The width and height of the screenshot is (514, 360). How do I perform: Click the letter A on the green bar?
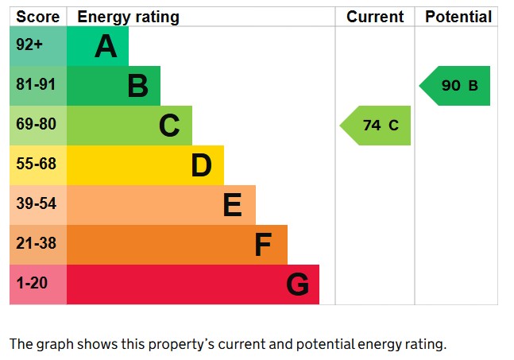(106, 47)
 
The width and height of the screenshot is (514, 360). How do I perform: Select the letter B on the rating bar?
(137, 86)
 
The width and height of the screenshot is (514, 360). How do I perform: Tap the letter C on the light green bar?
(169, 126)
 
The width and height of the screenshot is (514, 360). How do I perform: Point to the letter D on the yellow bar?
(201, 165)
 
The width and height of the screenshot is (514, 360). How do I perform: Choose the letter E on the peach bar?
(232, 205)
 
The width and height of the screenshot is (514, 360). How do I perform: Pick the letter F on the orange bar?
(263, 245)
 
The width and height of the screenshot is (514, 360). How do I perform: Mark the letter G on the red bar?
(297, 285)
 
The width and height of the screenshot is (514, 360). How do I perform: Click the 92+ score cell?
(29, 45)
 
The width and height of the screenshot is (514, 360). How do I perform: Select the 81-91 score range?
(37, 84)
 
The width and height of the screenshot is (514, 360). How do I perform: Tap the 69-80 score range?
(37, 124)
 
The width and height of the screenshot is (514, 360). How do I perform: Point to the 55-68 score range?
(37, 164)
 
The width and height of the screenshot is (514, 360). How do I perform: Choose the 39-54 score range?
(37, 203)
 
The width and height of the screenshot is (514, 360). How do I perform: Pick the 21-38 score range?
(37, 243)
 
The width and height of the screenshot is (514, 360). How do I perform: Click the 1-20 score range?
(32, 283)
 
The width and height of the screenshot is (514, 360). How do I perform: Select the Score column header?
(38, 17)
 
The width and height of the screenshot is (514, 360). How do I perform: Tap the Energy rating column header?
(128, 17)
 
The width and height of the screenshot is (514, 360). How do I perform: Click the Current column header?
(375, 17)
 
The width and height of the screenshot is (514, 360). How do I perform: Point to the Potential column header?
(458, 17)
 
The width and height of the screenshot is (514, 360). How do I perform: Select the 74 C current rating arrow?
(377, 126)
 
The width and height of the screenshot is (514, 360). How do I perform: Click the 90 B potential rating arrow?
(456, 86)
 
